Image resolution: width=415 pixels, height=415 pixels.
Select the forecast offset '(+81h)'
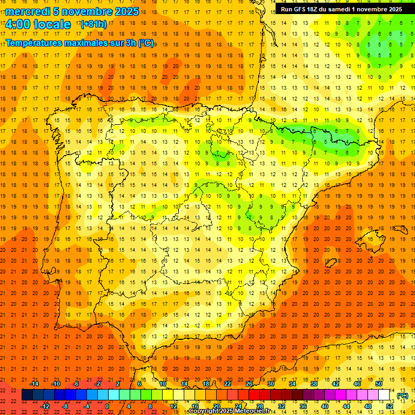(93, 24)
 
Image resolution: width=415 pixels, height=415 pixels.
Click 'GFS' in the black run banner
(303, 9)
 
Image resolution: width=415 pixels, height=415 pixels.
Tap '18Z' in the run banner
(318, 9)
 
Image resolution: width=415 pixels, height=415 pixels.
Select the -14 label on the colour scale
(35, 384)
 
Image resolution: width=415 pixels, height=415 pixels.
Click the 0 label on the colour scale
(107, 406)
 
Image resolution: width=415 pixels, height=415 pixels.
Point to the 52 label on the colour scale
(390, 406)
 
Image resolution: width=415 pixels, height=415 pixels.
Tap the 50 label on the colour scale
(379, 384)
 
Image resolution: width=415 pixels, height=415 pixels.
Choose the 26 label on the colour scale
(249, 384)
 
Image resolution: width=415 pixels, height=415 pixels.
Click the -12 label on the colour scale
(45, 406)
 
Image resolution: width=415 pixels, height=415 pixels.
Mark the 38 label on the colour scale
(314, 384)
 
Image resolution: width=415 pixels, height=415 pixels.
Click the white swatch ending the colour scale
(384, 395)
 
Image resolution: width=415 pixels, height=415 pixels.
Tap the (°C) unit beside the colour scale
(402, 396)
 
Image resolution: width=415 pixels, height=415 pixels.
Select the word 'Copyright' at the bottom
(203, 411)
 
